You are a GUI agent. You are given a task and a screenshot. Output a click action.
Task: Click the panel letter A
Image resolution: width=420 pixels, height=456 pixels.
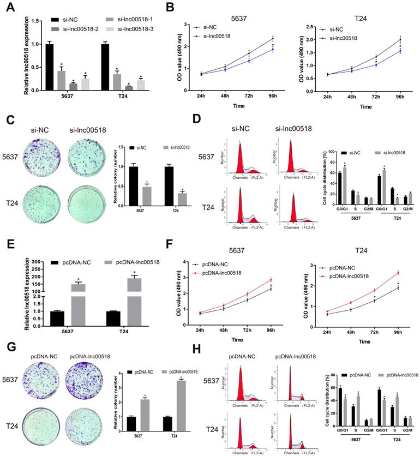9,9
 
